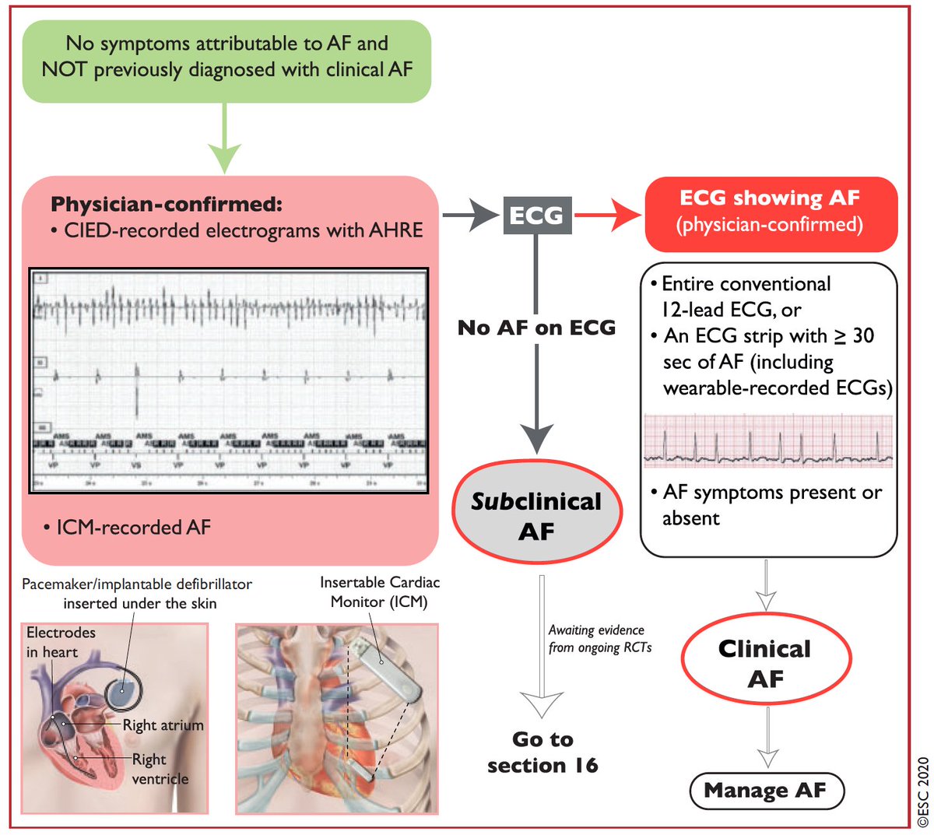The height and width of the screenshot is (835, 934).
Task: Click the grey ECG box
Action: (x=537, y=215)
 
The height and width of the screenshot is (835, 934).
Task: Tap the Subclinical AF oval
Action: (x=536, y=516)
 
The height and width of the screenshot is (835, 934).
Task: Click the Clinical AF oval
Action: (x=765, y=663)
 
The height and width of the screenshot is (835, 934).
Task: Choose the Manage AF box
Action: (x=767, y=791)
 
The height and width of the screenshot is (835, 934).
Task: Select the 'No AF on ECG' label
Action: (x=537, y=328)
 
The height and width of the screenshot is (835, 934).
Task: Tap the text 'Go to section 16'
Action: (x=542, y=752)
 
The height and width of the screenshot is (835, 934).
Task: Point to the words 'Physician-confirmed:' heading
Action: (x=166, y=205)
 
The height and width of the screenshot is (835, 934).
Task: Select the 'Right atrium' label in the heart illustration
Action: (x=163, y=725)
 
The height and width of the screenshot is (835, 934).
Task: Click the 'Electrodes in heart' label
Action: (x=61, y=642)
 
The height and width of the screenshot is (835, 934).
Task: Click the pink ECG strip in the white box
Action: (x=767, y=440)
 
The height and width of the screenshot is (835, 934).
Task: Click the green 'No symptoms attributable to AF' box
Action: (x=226, y=61)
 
